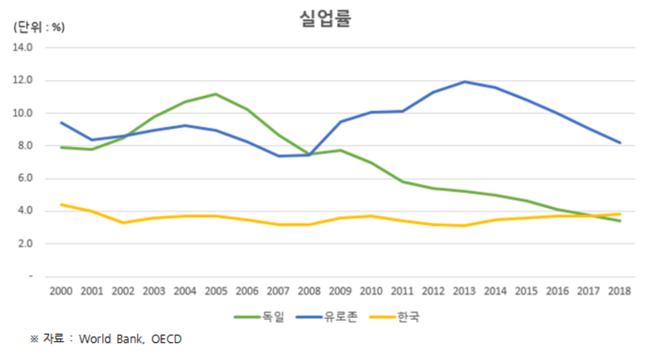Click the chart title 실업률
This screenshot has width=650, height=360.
click(325, 19)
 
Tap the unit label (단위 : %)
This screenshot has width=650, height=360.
click(39, 28)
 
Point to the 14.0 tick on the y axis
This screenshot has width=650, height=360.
click(23, 48)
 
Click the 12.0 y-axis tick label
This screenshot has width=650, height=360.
click(23, 80)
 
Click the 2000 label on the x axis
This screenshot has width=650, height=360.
click(61, 291)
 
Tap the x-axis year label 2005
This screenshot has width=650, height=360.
click(216, 291)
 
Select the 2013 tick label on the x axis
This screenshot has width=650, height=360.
click(464, 291)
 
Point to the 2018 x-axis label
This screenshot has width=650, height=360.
click(619, 291)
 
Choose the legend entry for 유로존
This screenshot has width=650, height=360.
click(341, 317)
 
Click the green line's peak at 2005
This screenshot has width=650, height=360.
click(216, 94)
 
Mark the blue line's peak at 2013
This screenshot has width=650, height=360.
click(464, 81)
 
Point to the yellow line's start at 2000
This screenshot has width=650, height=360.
click(61, 204)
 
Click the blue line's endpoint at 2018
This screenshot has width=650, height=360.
click(619, 143)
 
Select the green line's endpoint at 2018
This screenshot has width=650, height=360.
click(619, 220)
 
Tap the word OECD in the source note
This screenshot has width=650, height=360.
click(167, 339)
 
